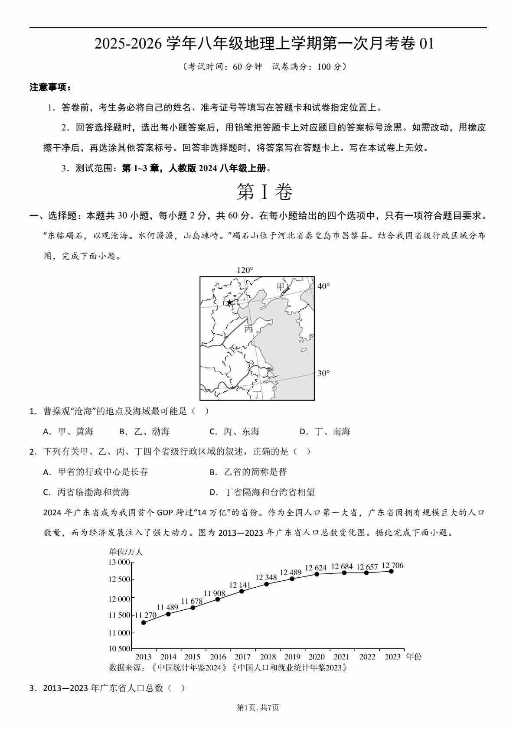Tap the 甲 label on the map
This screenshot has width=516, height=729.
pyautogui.click(x=281, y=287)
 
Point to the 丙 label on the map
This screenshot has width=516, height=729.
pyautogui.click(x=248, y=329)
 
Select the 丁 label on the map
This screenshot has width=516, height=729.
pyautogui.click(x=258, y=394)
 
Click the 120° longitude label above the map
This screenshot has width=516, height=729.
pyautogui.click(x=245, y=270)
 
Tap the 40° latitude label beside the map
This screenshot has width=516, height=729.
pyautogui.click(x=323, y=286)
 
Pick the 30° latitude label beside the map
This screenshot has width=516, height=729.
pyautogui.click(x=323, y=373)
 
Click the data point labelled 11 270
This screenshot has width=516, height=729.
pyautogui.click(x=144, y=622)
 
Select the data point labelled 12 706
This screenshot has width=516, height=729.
pyautogui.click(x=391, y=571)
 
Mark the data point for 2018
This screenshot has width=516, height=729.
pyautogui.click(x=266, y=584)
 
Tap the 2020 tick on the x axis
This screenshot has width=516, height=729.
pyautogui.click(x=317, y=657)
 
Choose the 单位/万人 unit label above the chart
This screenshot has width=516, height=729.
pyautogui.click(x=126, y=552)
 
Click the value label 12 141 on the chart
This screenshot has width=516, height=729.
pyautogui.click(x=239, y=585)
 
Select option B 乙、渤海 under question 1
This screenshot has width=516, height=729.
pyautogui.click(x=144, y=432)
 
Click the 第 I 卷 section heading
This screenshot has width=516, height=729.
pyautogui.click(x=265, y=192)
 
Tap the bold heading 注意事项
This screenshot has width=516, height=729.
pyautogui.click(x=50, y=88)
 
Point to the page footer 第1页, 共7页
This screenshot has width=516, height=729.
pyautogui.click(x=258, y=708)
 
